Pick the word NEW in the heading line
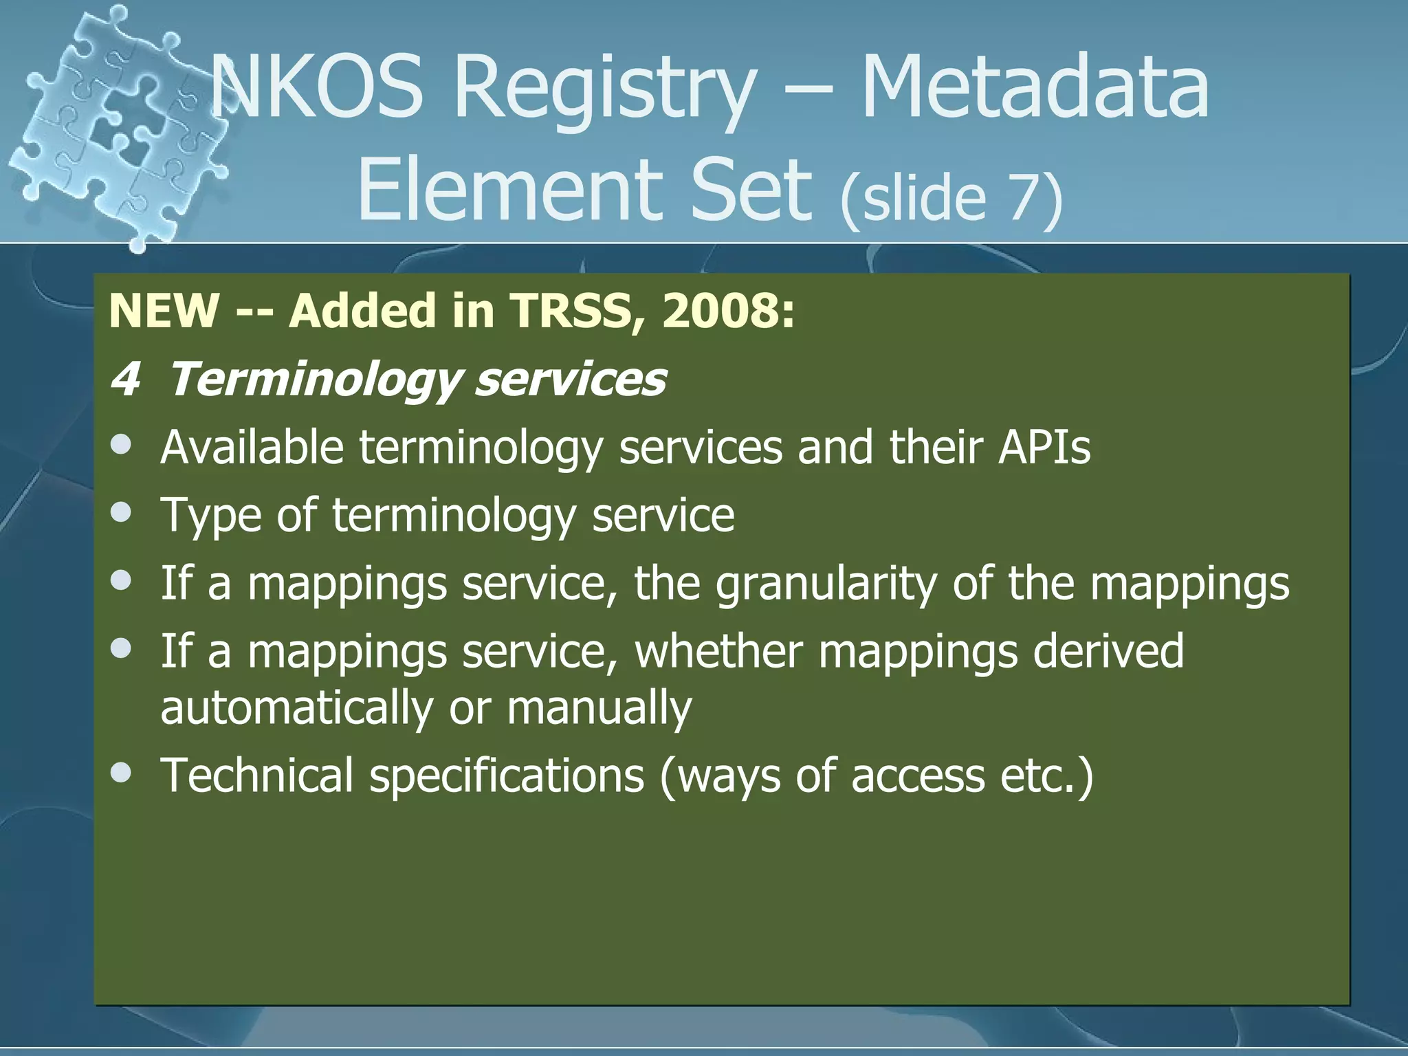click(x=164, y=311)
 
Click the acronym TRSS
click(x=570, y=311)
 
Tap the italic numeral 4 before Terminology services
click(x=125, y=379)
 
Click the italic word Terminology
click(x=313, y=380)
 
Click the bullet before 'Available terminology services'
click(x=121, y=445)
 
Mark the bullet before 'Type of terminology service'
click(x=121, y=512)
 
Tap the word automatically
click(x=296, y=708)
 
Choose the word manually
click(x=599, y=708)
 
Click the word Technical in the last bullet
click(x=257, y=775)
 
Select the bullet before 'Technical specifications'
click(x=121, y=772)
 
